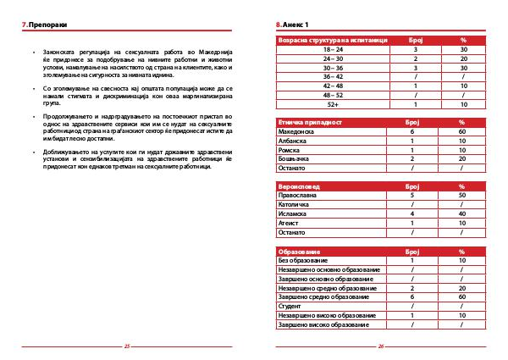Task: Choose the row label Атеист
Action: (x=288, y=222)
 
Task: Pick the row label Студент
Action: (x=290, y=305)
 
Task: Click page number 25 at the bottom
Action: (x=127, y=346)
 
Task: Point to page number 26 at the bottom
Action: (x=380, y=346)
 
